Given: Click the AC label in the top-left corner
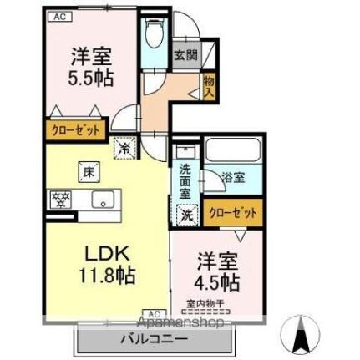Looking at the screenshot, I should pos(59,16).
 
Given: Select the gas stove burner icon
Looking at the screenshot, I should pos(60,199).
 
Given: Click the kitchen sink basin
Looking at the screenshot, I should pos(103,199).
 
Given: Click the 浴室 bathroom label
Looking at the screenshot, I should pos(233,177).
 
